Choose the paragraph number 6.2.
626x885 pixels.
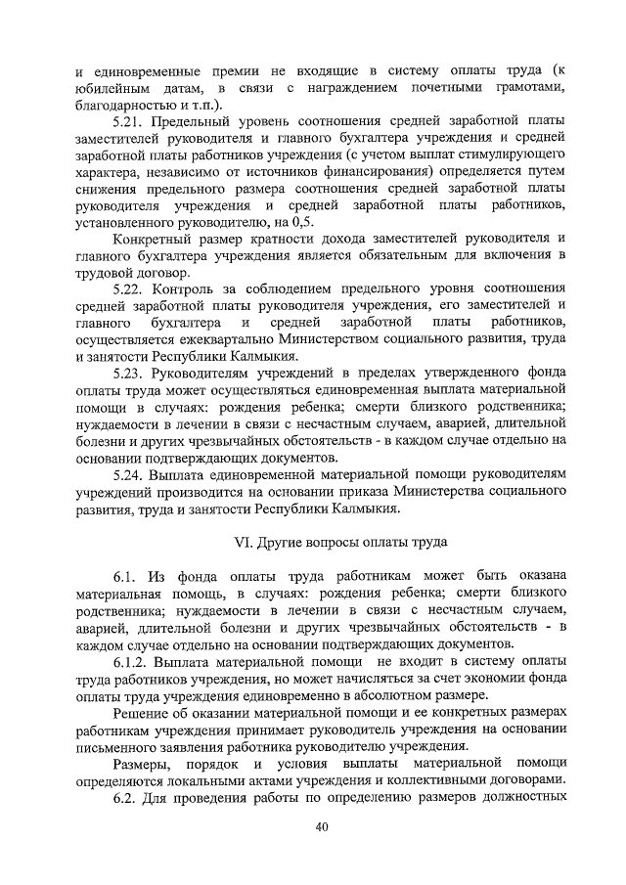123,795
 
